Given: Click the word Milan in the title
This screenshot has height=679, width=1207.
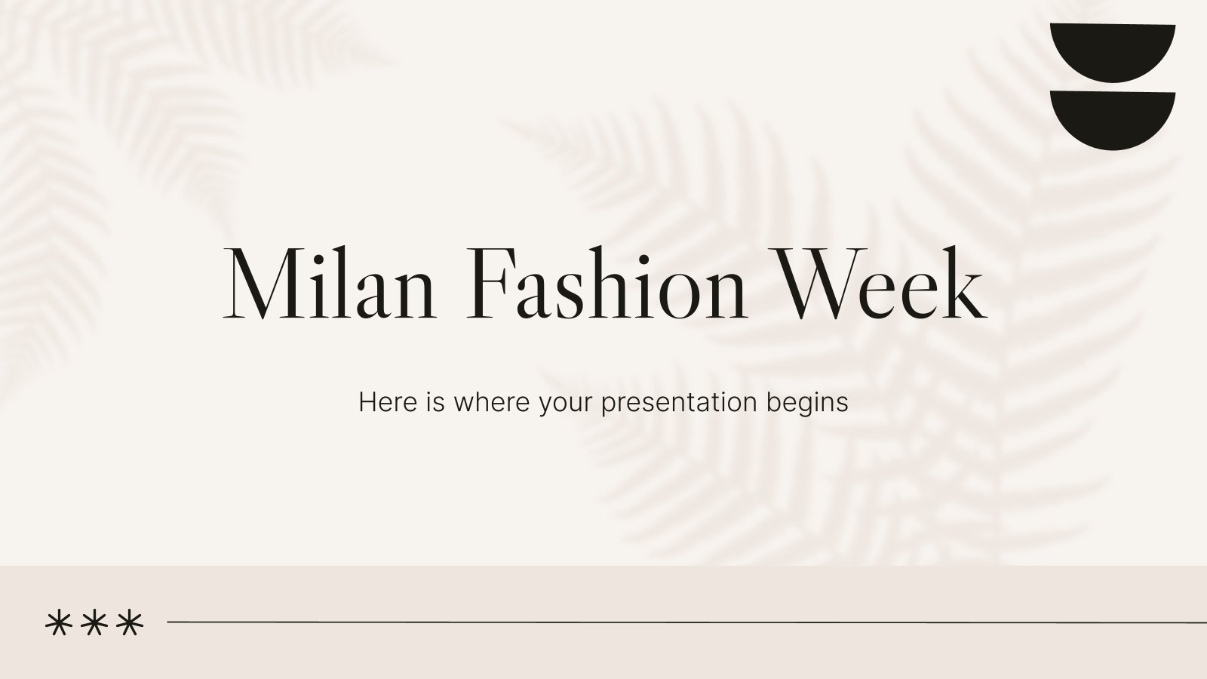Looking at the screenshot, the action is tap(329, 284).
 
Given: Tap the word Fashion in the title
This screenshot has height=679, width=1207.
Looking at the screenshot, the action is tap(607, 284).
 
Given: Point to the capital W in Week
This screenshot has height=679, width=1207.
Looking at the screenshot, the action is tap(828, 284).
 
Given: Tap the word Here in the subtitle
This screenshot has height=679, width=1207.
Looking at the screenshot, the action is tap(388, 403).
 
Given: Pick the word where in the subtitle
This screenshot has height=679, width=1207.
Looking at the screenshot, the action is tap(492, 403).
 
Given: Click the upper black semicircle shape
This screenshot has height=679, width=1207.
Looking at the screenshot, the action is tap(1113, 53).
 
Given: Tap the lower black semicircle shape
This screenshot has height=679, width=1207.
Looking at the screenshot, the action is tap(1113, 121).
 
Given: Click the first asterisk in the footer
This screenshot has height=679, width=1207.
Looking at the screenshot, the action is tap(58, 624).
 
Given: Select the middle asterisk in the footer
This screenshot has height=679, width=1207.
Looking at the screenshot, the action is tap(94, 624).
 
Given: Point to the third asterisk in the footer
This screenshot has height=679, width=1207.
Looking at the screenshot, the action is tap(131, 624).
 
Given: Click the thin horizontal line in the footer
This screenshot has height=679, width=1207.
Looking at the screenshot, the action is tap(687, 622).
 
